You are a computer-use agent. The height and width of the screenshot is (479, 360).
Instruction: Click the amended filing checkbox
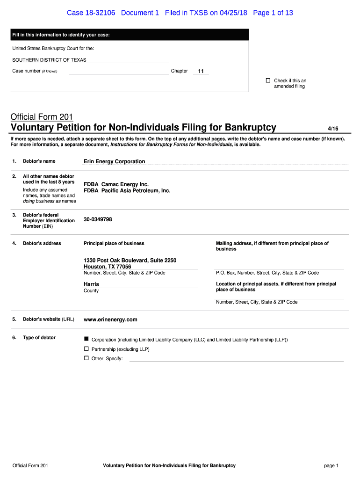pos(268,80)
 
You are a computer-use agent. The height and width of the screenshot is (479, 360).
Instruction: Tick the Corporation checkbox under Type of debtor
pos(86,338)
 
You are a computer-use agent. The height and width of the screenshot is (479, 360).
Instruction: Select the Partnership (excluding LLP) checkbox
pos(86,349)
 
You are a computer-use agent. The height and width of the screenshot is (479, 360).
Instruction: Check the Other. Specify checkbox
pos(86,358)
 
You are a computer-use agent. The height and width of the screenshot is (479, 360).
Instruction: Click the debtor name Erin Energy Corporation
pos(114,161)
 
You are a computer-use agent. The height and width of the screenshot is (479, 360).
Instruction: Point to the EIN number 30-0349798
pos(98,219)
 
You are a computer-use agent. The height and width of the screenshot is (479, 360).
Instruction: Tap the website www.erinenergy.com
pos(110,319)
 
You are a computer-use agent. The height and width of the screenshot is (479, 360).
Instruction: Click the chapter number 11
pos(201,71)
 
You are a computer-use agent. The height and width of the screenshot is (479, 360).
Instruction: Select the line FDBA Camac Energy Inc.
pos(116,184)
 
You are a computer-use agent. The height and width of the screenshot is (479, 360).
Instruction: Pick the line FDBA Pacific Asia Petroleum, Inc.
pos(127,191)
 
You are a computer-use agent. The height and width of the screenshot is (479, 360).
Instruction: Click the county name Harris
pos(91,284)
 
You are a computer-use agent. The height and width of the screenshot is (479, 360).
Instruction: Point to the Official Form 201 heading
pos(42,117)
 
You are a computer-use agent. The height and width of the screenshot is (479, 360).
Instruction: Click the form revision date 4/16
pos(332,127)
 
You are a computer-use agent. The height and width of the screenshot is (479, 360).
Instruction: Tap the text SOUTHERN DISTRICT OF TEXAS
pos(49,60)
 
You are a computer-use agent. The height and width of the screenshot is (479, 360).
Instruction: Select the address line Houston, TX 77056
pos(107,267)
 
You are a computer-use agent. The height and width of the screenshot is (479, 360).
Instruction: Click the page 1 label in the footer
pos(331,465)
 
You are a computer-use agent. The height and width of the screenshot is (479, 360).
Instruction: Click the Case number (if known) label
pos(34,71)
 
